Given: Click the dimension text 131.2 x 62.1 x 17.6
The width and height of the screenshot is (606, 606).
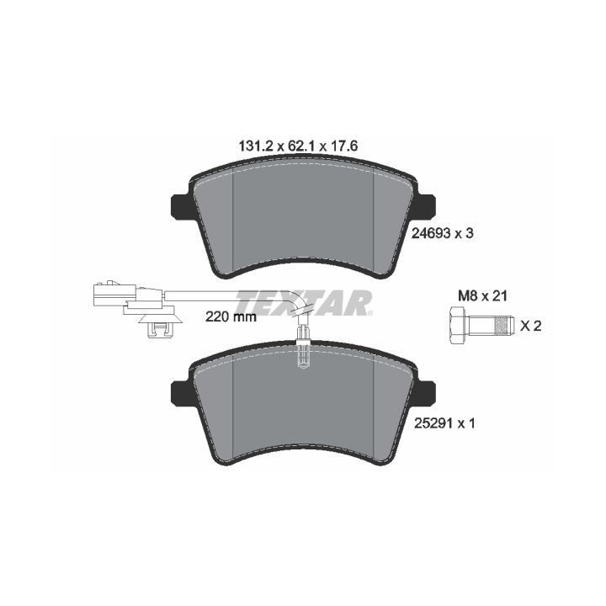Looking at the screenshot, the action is (x=298, y=146).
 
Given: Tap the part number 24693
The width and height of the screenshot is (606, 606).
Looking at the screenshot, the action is (x=431, y=233).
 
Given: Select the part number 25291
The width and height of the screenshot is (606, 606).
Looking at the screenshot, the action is (x=433, y=423).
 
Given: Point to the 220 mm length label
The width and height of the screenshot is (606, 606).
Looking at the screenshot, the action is (x=231, y=317).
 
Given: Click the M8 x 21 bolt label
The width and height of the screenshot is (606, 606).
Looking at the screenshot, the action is (x=482, y=296).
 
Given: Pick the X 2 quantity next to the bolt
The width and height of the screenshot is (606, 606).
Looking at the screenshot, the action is (x=530, y=326).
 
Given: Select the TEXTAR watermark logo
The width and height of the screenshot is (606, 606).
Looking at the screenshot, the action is (x=303, y=303).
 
